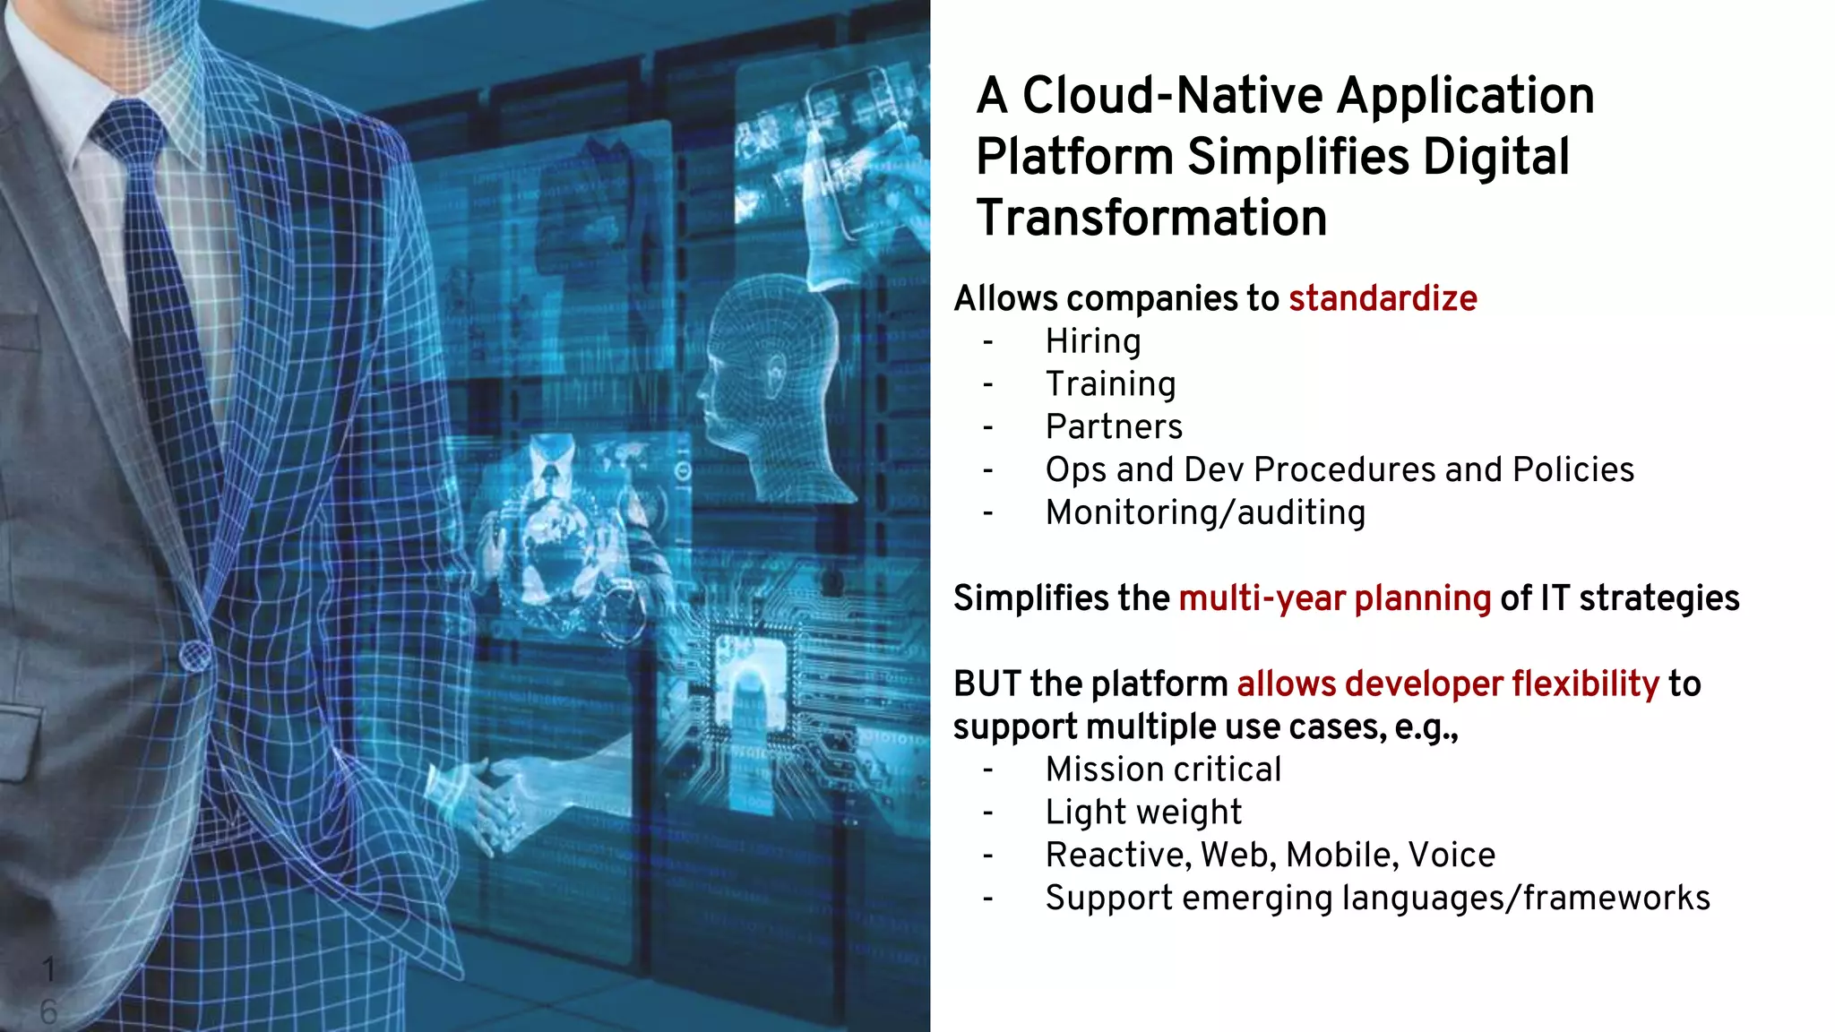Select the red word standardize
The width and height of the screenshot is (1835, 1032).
tap(1383, 298)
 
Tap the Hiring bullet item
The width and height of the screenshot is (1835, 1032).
tap(1093, 341)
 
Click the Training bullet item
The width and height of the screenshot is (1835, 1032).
tap(1110, 384)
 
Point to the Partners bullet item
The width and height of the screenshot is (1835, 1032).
tap(1114, 426)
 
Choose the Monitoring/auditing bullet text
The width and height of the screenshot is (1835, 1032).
tap(1205, 512)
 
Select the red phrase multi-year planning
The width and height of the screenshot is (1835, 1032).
tap(1334, 598)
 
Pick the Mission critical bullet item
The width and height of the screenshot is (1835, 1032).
tap(1163, 770)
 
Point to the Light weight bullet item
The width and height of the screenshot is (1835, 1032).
tap(1143, 813)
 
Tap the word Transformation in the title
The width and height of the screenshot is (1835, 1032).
tap(1151, 218)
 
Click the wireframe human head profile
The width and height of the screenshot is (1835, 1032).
tap(771, 376)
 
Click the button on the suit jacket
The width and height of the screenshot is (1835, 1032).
tap(194, 657)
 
